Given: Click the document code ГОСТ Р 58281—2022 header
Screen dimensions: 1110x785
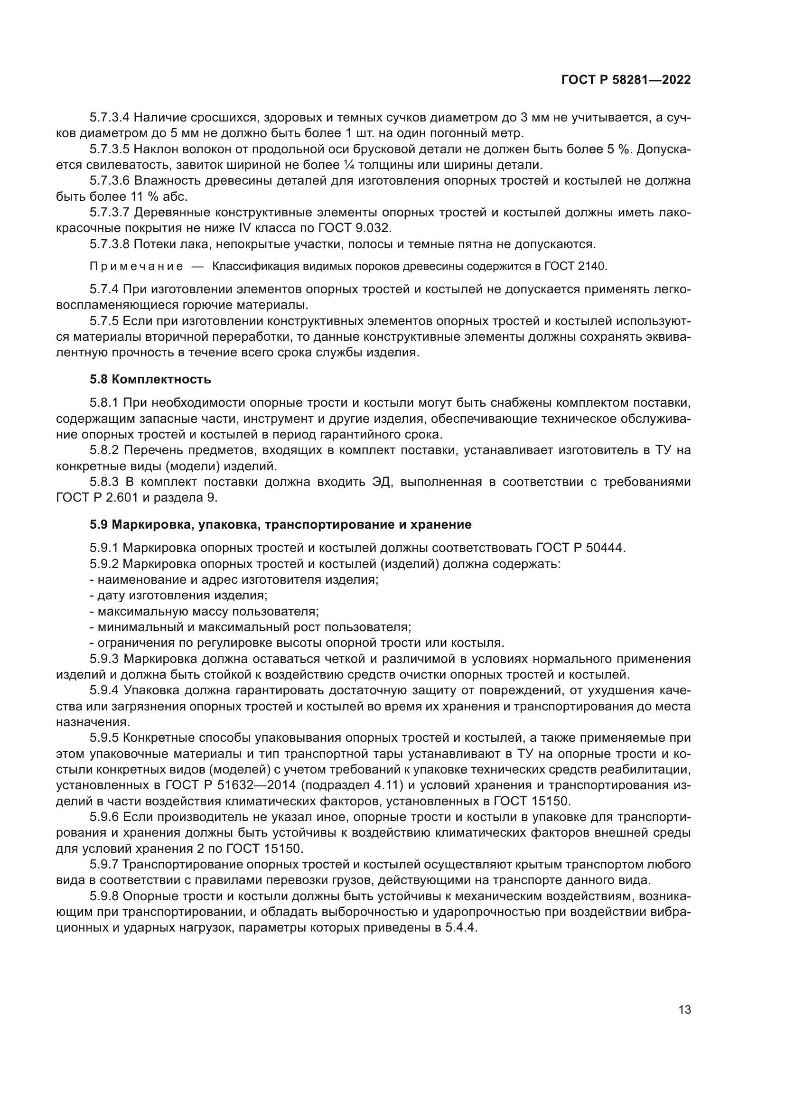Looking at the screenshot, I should (x=626, y=80).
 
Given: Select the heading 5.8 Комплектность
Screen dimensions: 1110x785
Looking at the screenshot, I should (x=150, y=379).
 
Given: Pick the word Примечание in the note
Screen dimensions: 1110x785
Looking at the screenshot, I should (x=136, y=266).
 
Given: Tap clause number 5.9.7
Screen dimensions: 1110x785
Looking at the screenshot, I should (x=104, y=864).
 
